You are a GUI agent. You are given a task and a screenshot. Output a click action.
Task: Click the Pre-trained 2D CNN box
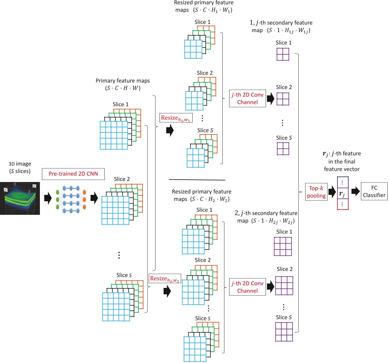click(73, 174)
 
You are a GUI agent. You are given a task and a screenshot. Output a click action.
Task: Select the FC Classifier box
click(374, 191)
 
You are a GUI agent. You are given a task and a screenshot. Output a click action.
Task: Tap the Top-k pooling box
click(316, 192)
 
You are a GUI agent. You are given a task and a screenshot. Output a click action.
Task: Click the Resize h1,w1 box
click(176, 118)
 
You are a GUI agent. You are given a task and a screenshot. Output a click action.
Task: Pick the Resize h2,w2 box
click(165, 278)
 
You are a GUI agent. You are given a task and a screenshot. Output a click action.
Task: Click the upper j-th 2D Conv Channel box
click(247, 98)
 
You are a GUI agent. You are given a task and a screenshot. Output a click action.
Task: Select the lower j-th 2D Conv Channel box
click(247, 287)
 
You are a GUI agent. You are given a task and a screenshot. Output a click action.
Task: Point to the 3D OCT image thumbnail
click(20, 198)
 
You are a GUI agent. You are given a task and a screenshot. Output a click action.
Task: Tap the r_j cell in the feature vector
click(342, 194)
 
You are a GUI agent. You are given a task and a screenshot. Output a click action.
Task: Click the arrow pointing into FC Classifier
click(356, 191)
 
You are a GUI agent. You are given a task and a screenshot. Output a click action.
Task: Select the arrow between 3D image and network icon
click(48, 198)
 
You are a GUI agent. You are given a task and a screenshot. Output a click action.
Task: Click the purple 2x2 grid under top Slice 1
click(283, 54)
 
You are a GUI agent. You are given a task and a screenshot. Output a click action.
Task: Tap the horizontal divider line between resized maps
click(197, 180)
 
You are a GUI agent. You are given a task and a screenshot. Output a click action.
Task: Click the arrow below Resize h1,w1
click(170, 130)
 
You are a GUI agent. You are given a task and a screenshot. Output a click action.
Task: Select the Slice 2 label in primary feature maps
click(122, 179)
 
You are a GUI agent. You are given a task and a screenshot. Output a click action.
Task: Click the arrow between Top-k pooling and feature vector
click(332, 192)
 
